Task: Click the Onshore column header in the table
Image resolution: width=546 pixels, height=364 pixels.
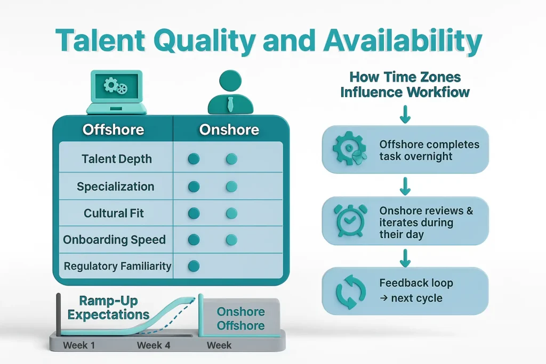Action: (229, 130)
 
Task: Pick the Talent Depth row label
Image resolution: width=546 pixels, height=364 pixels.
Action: (117, 159)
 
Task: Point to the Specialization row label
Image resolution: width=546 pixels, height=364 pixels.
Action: (116, 187)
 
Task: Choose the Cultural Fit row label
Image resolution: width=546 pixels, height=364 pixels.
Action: (114, 213)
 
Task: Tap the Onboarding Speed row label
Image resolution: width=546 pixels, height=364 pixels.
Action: (115, 240)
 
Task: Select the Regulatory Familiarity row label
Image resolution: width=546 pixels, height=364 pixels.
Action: (117, 266)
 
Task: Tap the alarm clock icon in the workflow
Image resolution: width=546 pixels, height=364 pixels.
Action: (350, 221)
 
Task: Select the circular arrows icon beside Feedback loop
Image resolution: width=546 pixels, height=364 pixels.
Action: (350, 291)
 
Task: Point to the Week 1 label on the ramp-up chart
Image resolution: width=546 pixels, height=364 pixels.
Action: (79, 345)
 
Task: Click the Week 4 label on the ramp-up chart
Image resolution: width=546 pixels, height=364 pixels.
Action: (154, 345)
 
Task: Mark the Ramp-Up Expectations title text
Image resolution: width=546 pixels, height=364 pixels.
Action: (108, 306)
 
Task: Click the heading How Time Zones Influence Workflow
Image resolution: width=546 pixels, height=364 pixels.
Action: (405, 84)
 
